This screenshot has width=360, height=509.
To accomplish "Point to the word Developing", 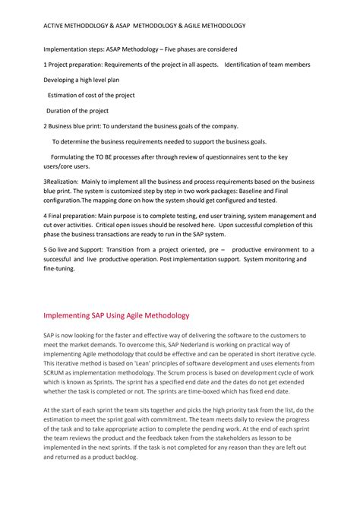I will coord(61,79).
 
